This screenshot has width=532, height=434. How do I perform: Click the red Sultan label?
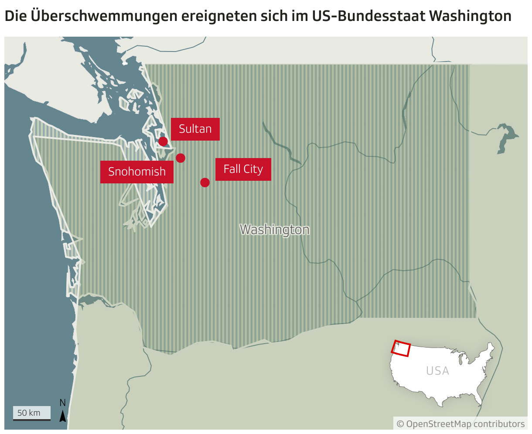(195, 129)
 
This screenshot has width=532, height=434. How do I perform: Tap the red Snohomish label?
(137, 172)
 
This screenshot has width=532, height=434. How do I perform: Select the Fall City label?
(243, 169)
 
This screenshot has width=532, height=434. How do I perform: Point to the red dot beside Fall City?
(205, 183)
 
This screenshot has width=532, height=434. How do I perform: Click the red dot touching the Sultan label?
(163, 141)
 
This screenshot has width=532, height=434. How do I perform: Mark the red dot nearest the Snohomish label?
(181, 158)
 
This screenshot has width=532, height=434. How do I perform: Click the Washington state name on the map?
(275, 230)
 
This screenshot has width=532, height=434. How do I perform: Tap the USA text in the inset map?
(437, 371)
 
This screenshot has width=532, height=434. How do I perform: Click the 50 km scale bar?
(31, 413)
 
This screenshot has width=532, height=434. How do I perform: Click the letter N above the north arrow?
(63, 403)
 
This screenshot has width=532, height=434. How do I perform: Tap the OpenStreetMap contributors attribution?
(460, 424)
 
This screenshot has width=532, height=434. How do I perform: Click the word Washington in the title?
(470, 16)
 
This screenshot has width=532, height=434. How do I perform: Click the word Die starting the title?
(15, 16)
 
